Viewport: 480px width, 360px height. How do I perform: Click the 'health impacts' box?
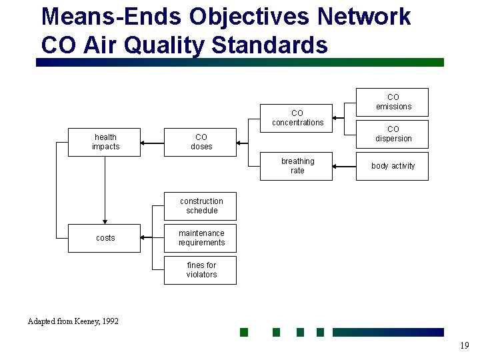(105, 142)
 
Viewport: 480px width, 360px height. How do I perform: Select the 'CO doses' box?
(201, 142)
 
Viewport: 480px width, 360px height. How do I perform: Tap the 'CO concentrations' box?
(297, 118)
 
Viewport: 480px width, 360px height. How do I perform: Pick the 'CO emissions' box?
(393, 102)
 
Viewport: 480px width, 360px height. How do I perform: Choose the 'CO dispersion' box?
(393, 134)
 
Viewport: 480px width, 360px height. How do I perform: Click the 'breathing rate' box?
(297, 166)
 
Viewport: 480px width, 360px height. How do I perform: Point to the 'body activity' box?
(393, 166)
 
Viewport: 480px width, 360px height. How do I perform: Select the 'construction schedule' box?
(201, 206)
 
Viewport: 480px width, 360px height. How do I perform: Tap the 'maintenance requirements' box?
(201, 238)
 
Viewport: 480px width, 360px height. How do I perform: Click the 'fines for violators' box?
(201, 270)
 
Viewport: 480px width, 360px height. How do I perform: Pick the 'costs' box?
(105, 238)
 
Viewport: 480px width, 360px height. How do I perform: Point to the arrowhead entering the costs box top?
(105, 221)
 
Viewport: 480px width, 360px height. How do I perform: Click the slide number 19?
(464, 345)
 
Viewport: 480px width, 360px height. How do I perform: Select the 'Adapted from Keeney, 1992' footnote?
(73, 321)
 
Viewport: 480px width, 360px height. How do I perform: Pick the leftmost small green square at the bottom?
(244, 332)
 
